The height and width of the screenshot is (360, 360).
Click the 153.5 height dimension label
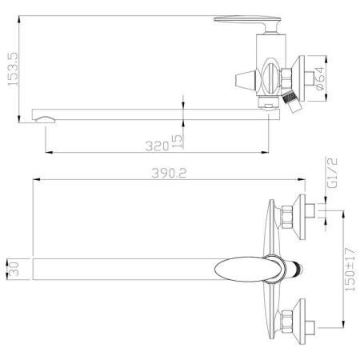coord(13,69)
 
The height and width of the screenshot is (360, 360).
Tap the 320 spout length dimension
coord(158,146)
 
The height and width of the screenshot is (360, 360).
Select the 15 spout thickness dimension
coord(178,142)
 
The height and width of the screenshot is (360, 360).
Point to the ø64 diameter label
coord(320,78)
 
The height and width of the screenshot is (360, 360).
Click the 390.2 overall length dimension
coord(169,174)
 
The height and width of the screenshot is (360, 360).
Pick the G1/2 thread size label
coord(332,173)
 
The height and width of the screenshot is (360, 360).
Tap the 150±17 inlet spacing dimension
coord(350,270)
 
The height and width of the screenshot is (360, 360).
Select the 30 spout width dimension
coord(14,269)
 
